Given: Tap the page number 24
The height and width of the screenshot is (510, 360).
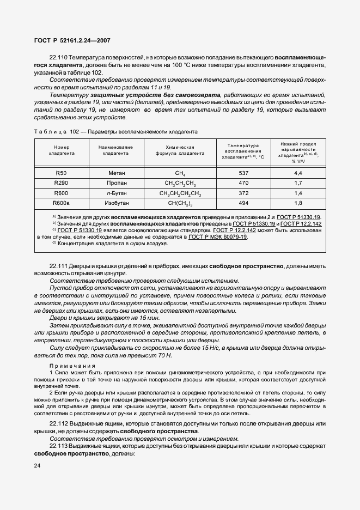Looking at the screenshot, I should point(37,465).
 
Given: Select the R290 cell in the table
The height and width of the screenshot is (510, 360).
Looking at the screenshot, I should point(61,183).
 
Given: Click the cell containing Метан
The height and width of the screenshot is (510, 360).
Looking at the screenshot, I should point(117,173).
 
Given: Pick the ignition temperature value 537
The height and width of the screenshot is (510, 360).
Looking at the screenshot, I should point(243,173).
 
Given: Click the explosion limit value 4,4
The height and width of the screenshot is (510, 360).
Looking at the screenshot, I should point(298,173).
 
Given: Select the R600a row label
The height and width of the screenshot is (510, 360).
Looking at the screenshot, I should point(62,203).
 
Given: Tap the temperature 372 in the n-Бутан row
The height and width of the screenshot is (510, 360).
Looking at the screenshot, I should point(243,193).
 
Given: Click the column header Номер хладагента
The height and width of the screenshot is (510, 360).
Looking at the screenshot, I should point(62,150).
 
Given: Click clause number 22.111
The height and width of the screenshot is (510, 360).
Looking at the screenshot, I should point(60,265).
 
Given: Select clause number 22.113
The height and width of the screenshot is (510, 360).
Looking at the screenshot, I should point(60,446).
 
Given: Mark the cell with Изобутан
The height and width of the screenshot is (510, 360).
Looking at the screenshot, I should point(117,203).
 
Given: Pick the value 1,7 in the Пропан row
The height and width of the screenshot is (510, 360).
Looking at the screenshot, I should point(298,183).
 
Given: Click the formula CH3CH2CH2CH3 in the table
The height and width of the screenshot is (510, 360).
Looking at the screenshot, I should point(180,193).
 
